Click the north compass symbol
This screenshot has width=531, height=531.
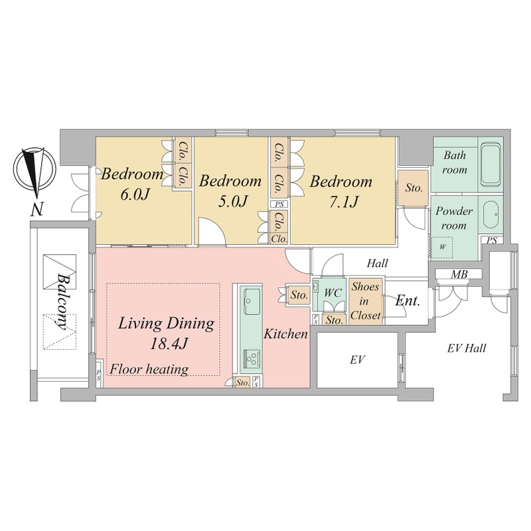tap(35, 169)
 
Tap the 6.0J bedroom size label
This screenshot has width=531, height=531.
tap(135, 194)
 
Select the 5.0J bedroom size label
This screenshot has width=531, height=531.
tap(234, 201)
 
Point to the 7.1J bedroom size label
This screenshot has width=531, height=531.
tap(344, 202)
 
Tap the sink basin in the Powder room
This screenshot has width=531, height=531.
tap(491, 214)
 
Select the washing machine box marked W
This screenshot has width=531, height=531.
tap(442, 247)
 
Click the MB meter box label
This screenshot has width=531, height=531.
tap(459, 274)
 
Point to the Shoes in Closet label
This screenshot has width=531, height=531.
tap(365, 301)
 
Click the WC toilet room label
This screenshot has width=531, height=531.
tap(333, 293)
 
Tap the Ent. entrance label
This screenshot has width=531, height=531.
tap(408, 301)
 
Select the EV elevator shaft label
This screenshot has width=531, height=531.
tap(357, 360)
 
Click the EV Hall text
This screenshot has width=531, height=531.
tap(467, 348)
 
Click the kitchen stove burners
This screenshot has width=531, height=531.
tap(252, 358)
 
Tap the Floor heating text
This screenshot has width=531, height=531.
tap(149, 369)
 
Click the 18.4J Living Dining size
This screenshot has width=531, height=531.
tap(169, 344)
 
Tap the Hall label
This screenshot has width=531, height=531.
tap(377, 263)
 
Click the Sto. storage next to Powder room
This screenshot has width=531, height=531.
tap(414, 188)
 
